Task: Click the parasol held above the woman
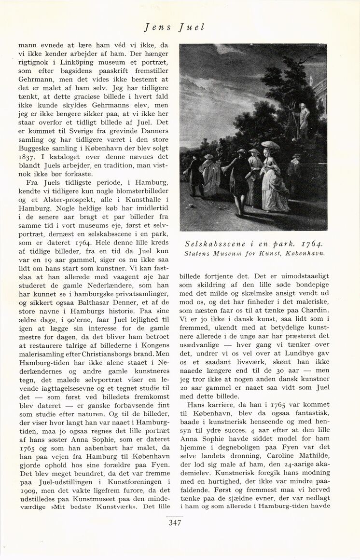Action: point(270,144)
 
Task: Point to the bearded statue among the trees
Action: point(303,120)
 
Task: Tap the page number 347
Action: point(175,523)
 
